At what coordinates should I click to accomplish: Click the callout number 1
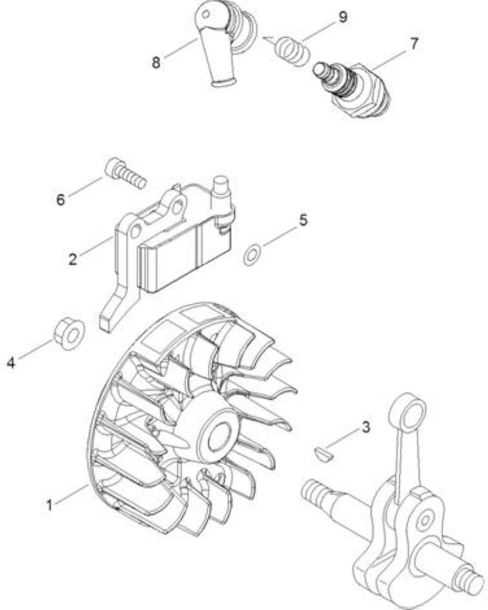(49, 506)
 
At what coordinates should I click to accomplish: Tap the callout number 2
(73, 259)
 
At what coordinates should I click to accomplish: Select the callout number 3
(365, 427)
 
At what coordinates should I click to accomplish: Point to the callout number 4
(11, 363)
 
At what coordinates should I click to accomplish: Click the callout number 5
(303, 220)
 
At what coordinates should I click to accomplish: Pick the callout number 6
(61, 200)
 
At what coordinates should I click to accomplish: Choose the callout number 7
(414, 44)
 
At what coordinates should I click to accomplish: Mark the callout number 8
(156, 62)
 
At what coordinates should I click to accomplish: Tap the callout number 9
(343, 17)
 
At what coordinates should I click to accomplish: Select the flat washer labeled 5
(252, 256)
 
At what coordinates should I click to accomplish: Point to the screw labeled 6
(126, 173)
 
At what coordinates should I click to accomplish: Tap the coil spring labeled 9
(292, 51)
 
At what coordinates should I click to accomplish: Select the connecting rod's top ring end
(408, 412)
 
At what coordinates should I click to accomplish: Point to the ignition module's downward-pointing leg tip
(106, 324)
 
